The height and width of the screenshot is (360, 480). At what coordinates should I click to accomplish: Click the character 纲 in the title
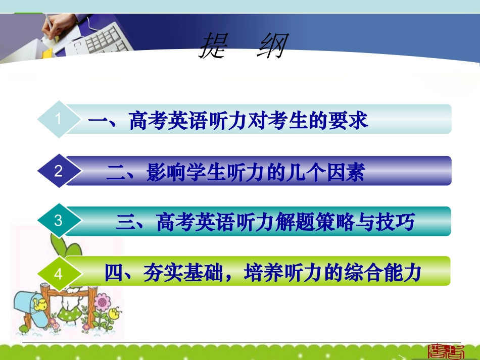(271, 46)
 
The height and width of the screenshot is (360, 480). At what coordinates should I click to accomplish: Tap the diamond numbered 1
(59, 119)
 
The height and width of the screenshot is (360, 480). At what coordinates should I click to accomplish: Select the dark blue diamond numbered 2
(59, 171)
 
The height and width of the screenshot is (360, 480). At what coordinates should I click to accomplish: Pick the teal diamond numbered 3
(59, 221)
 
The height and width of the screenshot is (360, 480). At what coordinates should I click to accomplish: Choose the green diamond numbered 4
(59, 274)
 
